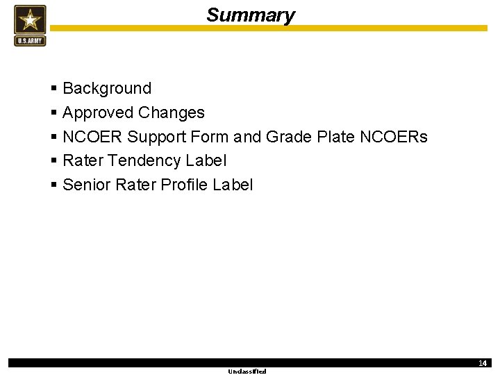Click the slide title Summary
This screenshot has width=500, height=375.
pyautogui.click(x=250, y=15)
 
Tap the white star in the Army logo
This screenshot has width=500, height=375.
pyautogui.click(x=30, y=19)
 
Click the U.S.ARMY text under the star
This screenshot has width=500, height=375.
pyautogui.click(x=30, y=40)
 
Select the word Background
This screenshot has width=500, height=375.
pyautogui.click(x=107, y=88)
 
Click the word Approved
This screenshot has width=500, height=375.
pyautogui.click(x=98, y=112)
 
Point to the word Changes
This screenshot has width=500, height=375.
pyautogui.click(x=172, y=112)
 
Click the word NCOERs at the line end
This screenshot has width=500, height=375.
pyautogui.click(x=394, y=137)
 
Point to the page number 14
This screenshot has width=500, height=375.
pyautogui.click(x=482, y=363)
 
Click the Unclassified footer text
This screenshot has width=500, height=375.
pyautogui.click(x=247, y=372)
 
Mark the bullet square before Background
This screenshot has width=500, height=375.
pyautogui.click(x=54, y=89)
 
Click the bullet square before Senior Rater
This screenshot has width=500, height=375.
pyautogui.click(x=54, y=185)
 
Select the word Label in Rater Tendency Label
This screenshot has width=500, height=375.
pyautogui.click(x=206, y=160)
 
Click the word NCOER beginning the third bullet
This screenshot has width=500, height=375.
pyautogui.click(x=92, y=137)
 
